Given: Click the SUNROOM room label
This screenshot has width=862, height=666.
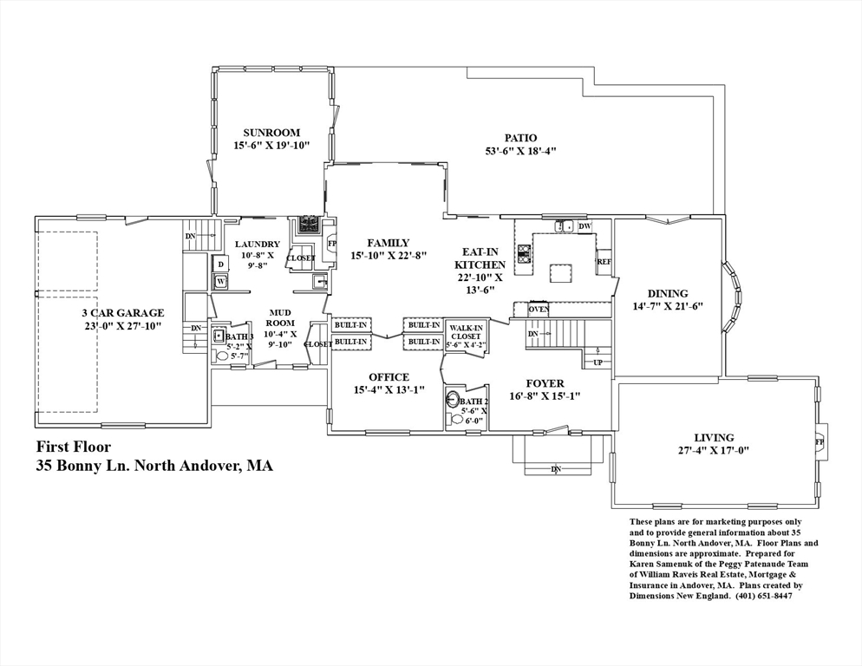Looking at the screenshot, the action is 271,133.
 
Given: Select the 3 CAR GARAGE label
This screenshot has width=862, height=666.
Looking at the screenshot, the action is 123,313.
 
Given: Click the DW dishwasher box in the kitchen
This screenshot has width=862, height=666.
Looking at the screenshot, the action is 584,226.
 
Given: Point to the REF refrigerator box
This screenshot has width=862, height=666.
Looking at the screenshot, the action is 604,262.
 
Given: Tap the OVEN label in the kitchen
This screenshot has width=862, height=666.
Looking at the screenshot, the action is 539,309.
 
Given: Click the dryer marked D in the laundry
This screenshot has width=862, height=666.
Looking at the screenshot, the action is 221,264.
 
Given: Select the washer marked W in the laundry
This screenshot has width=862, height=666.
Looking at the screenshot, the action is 221,282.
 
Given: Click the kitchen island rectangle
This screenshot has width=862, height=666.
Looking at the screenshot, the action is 561,273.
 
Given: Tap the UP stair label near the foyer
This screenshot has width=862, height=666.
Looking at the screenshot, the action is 598,362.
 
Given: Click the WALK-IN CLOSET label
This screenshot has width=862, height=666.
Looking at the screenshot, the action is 466,332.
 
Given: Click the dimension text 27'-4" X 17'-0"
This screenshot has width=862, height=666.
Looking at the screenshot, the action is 714,450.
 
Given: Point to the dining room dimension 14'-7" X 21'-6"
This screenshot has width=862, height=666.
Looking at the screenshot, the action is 668,306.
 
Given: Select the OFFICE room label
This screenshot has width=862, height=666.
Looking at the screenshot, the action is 389,377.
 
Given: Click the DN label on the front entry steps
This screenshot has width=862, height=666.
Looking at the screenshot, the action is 556,469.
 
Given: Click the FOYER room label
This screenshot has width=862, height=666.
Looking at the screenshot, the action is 545,384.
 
